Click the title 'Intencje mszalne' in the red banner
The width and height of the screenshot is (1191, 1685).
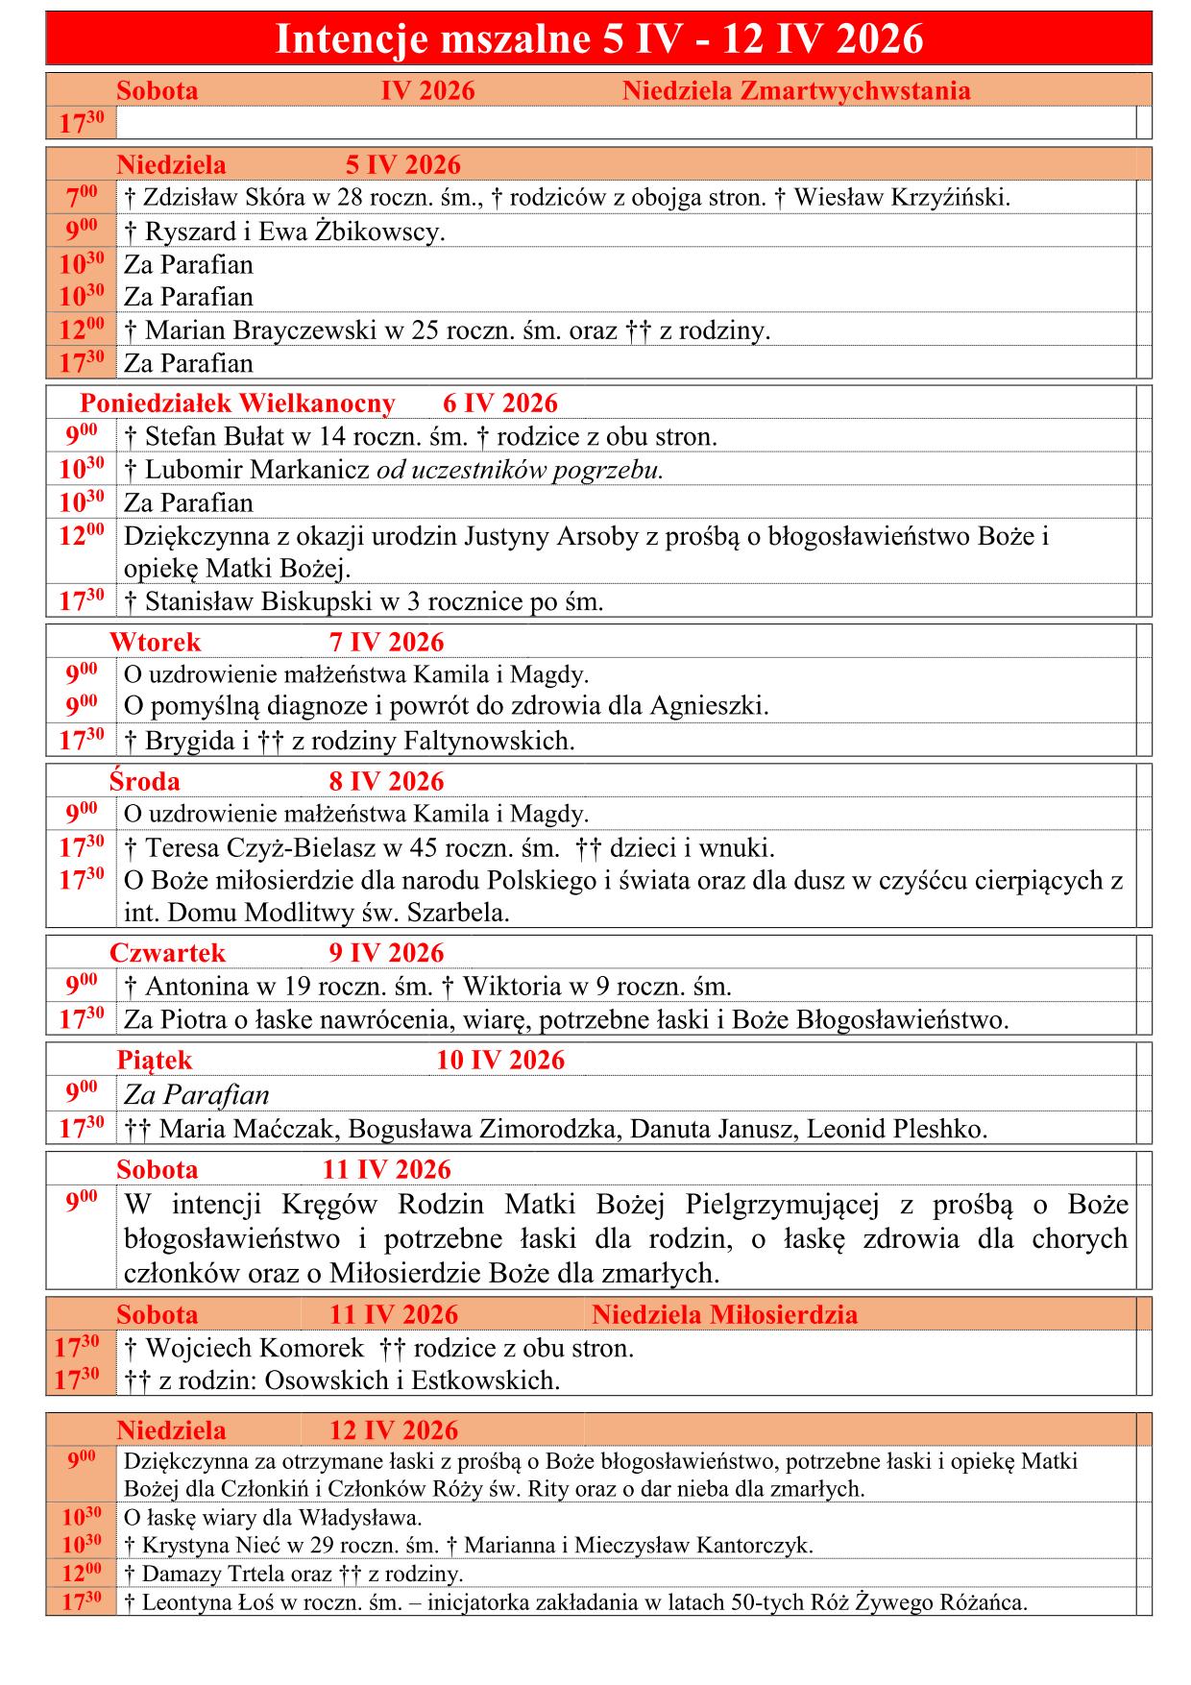(431, 39)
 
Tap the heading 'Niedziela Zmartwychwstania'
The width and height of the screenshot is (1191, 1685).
(796, 91)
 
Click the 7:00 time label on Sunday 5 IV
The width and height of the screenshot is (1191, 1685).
(81, 198)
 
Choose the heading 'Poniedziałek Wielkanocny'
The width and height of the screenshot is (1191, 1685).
(237, 403)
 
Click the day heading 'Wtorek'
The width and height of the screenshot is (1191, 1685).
(155, 643)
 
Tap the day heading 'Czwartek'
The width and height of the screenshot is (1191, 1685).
(167, 954)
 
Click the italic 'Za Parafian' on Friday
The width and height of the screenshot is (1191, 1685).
(196, 1095)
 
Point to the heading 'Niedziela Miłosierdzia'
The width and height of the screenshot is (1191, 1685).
(724, 1315)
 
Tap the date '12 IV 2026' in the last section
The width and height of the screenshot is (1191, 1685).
(394, 1430)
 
